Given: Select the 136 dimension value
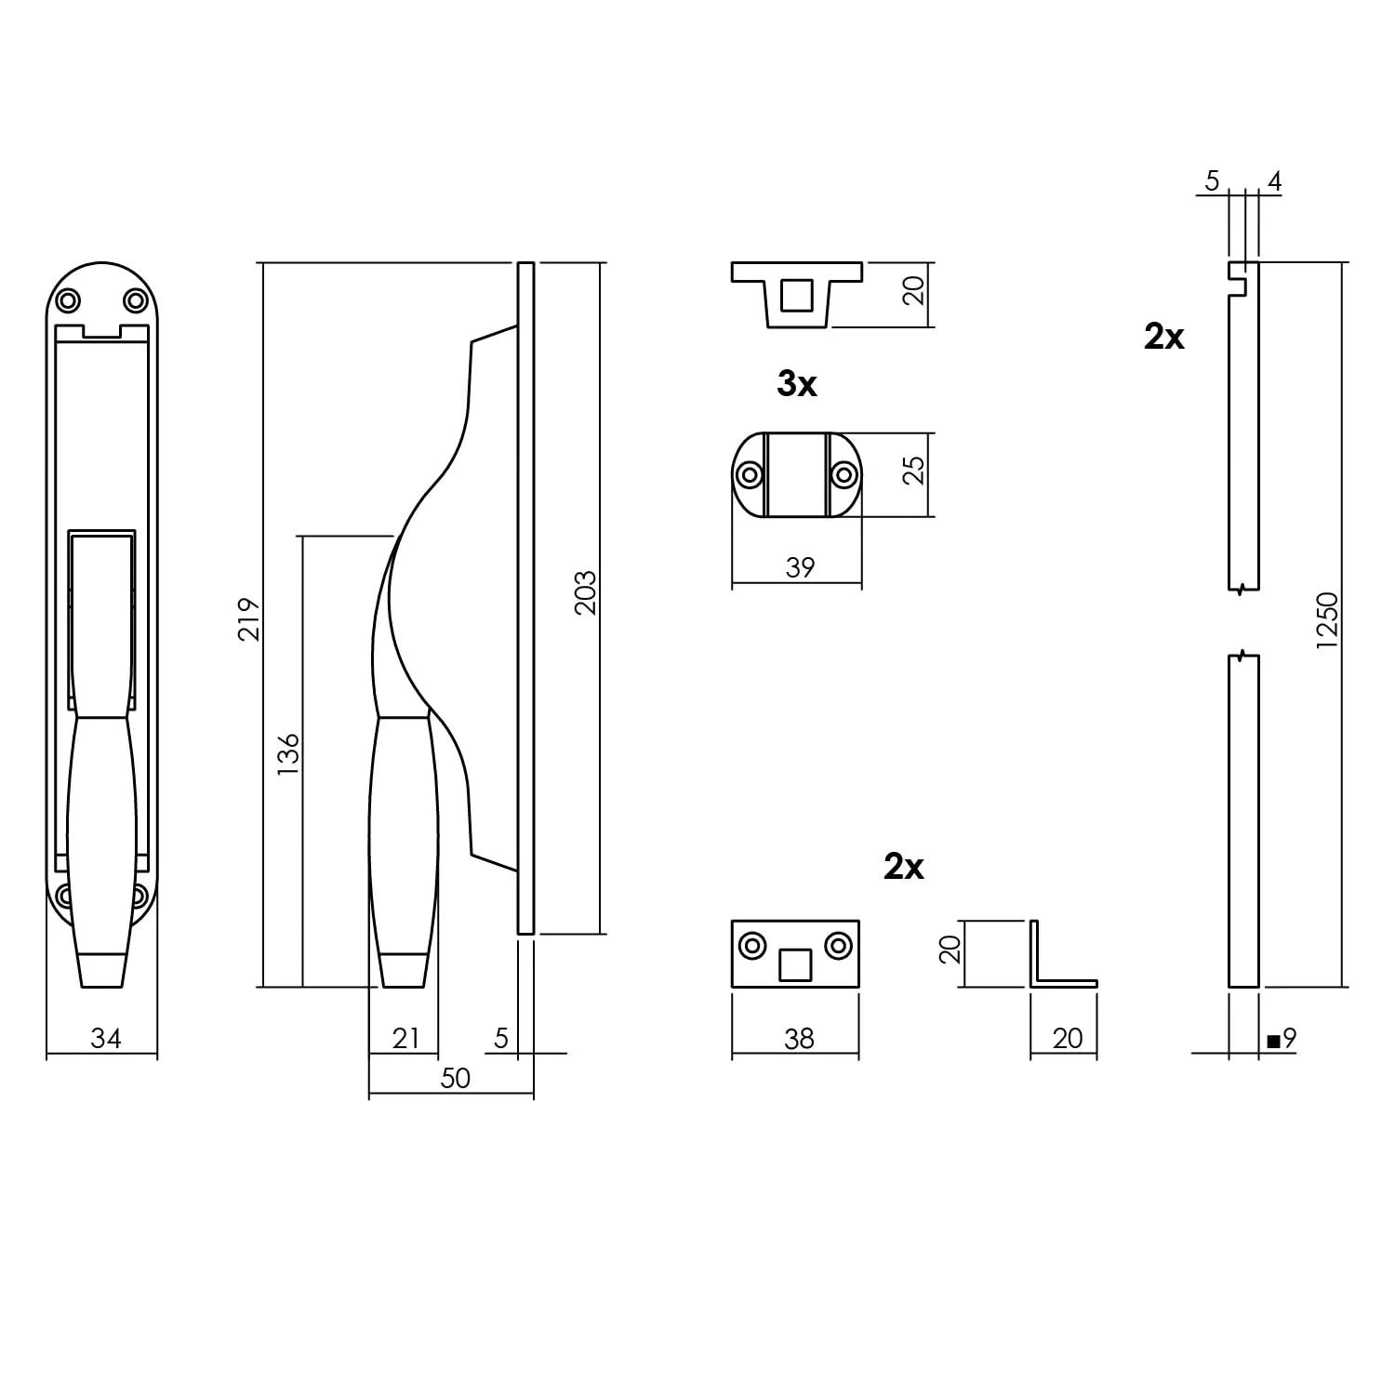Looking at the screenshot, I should tap(288, 754).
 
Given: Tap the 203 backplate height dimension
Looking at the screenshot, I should tap(585, 593).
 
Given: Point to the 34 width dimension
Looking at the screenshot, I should tap(105, 1038).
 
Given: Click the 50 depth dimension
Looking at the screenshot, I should tap(455, 1078).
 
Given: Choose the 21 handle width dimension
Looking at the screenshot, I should tap(405, 1038).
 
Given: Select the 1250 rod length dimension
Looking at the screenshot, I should tap(1327, 620).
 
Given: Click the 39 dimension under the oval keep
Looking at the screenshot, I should tap(799, 567).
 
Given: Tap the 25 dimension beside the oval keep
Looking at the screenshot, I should tap(916, 470).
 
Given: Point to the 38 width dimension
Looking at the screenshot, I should tap(799, 1038).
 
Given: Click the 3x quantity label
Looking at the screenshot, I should tap(797, 384).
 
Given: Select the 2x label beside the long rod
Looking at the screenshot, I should tap(1163, 337).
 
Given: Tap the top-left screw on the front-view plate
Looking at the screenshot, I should tap(68, 300).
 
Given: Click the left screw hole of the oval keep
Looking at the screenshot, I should tap(749, 475).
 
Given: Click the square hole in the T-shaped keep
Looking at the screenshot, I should tap(795, 295).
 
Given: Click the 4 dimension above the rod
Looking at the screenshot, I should tap(1274, 181).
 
